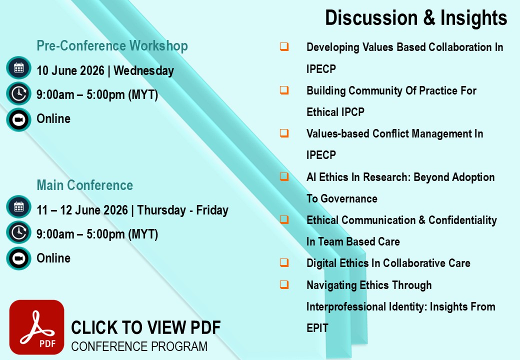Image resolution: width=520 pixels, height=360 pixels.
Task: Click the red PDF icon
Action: point(37,327)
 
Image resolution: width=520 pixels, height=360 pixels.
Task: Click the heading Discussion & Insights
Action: point(416,17)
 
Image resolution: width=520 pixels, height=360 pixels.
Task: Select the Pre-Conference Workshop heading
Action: point(112,45)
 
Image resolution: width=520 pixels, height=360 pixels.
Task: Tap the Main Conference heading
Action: point(84,185)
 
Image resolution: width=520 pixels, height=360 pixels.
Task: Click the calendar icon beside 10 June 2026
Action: point(18,68)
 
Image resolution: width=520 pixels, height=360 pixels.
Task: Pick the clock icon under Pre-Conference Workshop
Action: point(18,93)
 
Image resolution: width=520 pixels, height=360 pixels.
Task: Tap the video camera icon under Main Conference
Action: point(18,258)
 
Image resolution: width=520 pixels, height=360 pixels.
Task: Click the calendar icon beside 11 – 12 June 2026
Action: point(18,207)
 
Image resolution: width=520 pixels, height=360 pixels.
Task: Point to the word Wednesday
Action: point(143,70)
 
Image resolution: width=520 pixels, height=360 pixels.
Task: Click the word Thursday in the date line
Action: point(161,210)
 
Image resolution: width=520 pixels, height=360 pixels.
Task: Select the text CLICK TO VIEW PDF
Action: point(146,327)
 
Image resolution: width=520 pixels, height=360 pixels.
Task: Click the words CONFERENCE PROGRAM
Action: point(139,346)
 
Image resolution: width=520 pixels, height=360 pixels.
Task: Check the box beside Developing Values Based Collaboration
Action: point(284,46)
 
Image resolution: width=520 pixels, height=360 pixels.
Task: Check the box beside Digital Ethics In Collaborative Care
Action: point(284,262)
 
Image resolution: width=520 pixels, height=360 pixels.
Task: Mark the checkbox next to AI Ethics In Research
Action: point(284,176)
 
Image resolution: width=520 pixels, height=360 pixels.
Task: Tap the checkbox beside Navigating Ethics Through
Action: point(284,284)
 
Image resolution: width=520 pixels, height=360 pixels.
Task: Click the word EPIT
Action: point(317,328)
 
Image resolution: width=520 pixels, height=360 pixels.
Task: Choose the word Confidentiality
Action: point(462,220)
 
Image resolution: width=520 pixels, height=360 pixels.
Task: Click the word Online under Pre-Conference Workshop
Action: point(53,118)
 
